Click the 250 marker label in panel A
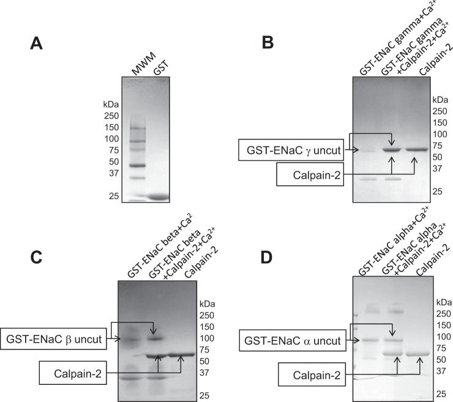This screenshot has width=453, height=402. [112, 116]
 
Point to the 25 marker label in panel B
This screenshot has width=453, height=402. [440, 191]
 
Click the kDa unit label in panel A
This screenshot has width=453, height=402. [112, 104]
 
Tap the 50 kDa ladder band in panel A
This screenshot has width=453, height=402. [138, 165]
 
